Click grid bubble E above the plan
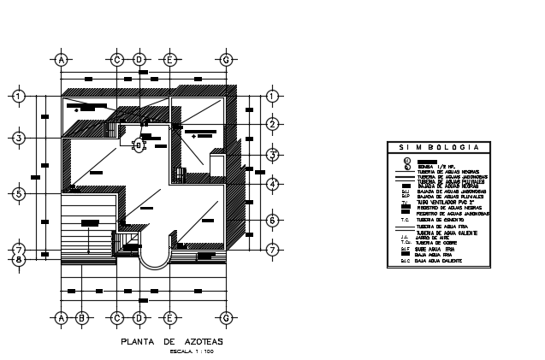[x=170, y=60]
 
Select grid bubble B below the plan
[x=82, y=318]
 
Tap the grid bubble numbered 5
[x=18, y=194]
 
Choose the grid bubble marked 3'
[x=272, y=155]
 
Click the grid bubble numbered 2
[x=272, y=125]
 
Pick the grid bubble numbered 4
[x=272, y=184]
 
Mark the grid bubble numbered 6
[x=272, y=221]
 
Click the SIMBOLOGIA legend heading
[x=437, y=149]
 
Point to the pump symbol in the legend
[x=407, y=160]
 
